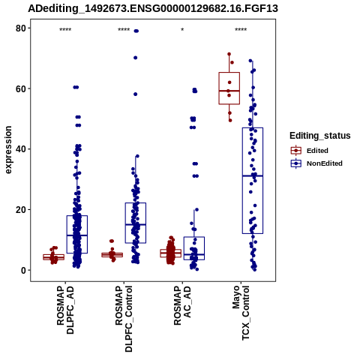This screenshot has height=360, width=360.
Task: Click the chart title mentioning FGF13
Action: [x=153, y=9]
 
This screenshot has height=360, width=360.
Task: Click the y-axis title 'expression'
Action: [x=8, y=150]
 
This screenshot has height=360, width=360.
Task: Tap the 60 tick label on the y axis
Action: [x=21, y=88]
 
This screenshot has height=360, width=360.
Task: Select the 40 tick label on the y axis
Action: [x=21, y=149]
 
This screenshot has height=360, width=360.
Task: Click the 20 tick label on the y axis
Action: [x=21, y=209]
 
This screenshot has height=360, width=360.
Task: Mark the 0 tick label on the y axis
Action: [x=24, y=270]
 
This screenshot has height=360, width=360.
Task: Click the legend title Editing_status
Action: [x=320, y=136]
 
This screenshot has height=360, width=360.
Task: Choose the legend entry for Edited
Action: [x=317, y=151]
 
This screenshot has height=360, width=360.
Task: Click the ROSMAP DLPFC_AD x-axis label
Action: [x=65, y=310]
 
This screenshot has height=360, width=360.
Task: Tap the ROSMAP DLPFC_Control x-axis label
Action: [x=124, y=319]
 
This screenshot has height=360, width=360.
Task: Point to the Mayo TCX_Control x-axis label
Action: [x=241, y=313]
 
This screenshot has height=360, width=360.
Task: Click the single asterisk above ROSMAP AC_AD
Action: [x=182, y=30]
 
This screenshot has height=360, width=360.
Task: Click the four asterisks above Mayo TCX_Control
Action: [x=241, y=30]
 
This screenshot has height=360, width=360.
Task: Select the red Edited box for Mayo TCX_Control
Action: [x=229, y=88]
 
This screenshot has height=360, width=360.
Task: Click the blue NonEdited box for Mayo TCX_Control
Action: [x=253, y=181]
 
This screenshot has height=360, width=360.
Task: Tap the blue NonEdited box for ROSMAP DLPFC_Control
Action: [x=136, y=223]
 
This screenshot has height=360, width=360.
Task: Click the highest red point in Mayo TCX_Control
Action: [x=229, y=54]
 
